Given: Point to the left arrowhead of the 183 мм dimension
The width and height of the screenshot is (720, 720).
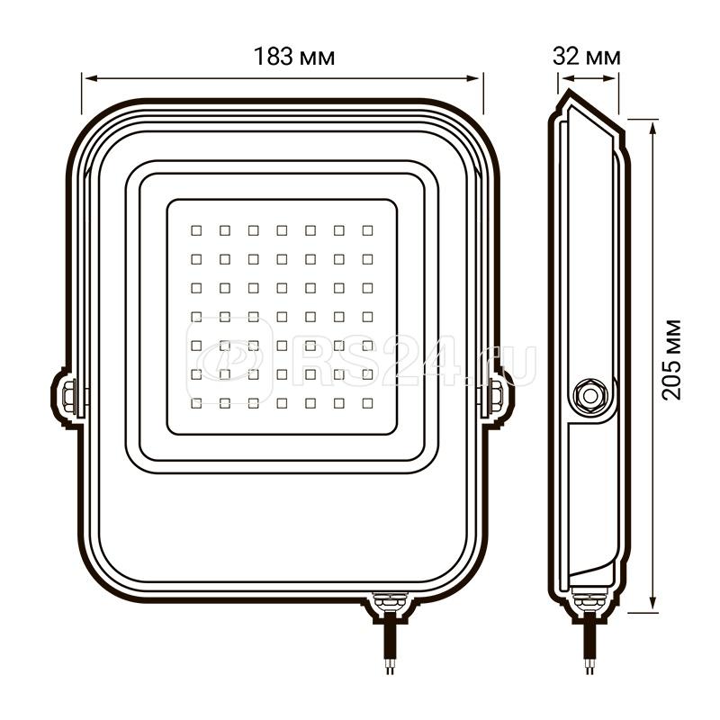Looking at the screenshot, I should (87, 77).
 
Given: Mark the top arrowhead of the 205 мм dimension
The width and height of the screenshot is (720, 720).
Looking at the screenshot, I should (652, 122).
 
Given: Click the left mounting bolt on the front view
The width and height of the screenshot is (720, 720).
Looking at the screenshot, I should (70, 396).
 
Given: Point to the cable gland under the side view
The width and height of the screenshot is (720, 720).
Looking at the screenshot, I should (589, 600).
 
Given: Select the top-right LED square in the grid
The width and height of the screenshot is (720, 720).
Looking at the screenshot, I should (367, 230).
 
